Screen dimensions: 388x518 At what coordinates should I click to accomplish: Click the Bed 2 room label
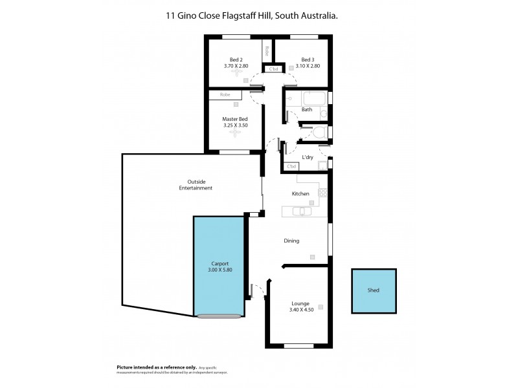227,59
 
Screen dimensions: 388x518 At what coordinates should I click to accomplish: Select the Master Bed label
234,119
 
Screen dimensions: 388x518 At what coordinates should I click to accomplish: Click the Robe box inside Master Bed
225,94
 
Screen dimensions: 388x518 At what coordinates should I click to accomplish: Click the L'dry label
308,158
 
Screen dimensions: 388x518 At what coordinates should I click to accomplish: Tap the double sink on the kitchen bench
301,211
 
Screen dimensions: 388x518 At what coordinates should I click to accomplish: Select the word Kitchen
300,193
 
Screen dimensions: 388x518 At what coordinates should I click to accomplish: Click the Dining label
291,241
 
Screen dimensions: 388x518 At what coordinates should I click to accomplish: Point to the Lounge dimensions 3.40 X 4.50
300,309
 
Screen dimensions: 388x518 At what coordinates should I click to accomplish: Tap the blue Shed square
373,290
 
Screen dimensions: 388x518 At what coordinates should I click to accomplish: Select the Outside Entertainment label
196,184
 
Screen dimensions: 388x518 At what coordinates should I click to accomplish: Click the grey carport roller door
220,316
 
